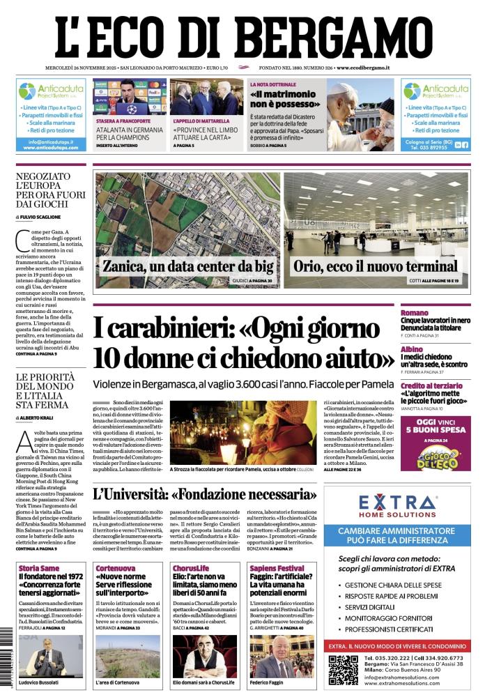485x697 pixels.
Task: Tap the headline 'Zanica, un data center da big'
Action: pyautogui.click(x=188, y=266)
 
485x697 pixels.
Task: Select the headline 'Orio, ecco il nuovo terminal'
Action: pyautogui.click(x=376, y=266)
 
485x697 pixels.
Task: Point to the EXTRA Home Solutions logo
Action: pyautogui.click(x=397, y=505)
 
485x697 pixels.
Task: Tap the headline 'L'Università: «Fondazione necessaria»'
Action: pyautogui.click(x=205, y=495)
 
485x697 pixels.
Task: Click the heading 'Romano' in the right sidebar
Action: pyautogui.click(x=415, y=313)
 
